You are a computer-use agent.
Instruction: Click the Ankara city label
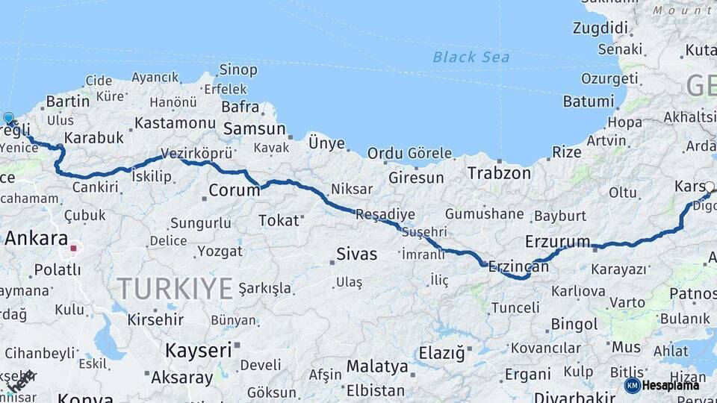tap(36, 239)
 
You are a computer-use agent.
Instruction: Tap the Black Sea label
tap(471, 57)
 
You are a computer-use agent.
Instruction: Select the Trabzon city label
tap(499, 173)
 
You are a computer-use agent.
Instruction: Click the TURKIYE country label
tap(175, 288)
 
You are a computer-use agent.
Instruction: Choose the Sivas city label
tap(357, 254)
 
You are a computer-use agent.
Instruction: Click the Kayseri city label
tap(198, 350)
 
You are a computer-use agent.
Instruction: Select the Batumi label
tap(589, 101)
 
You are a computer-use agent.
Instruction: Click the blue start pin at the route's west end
tap(9, 118)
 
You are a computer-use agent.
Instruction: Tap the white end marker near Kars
tap(709, 187)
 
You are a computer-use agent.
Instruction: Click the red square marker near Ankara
tap(73, 248)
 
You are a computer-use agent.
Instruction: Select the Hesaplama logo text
tap(670, 385)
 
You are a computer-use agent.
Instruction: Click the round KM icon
tap(632, 385)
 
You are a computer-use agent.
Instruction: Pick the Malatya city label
tap(376, 367)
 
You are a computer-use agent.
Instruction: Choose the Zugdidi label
tap(600, 28)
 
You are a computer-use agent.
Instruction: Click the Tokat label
tap(278, 220)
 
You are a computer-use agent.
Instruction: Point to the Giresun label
tap(415, 178)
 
